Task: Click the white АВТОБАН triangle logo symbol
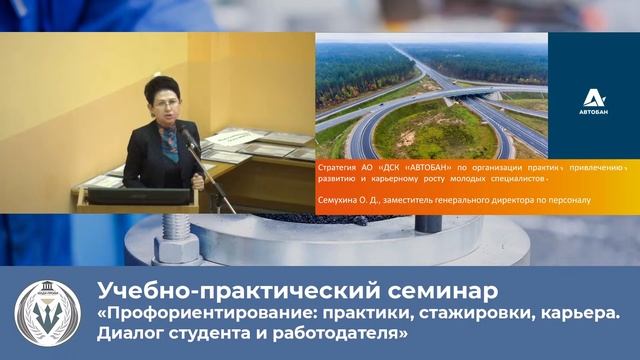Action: (x=593, y=97)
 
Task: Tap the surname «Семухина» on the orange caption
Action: (x=340, y=199)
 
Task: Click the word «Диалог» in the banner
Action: (x=127, y=334)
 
